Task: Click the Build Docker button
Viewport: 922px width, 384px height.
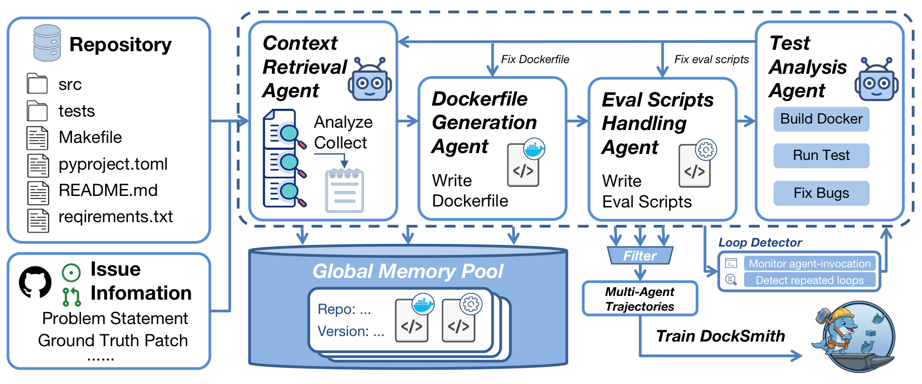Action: [821, 119]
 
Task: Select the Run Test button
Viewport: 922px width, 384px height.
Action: [821, 155]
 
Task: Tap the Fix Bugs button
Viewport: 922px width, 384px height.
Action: [821, 193]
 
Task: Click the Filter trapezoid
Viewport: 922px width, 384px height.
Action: [640, 255]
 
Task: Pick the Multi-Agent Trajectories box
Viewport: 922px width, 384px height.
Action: [640, 299]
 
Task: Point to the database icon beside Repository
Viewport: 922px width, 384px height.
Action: [47, 43]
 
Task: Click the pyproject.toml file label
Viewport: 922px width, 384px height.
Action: [113, 164]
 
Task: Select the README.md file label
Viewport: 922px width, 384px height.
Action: [108, 190]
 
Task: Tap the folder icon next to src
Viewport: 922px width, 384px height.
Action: [37, 83]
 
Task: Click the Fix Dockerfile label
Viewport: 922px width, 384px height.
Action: [535, 59]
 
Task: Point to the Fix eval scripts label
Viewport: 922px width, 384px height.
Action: [711, 59]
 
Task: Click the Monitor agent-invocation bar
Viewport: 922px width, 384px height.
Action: [810, 263]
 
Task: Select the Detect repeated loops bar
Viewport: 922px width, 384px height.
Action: [810, 280]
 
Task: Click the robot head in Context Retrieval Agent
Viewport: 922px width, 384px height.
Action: [370, 79]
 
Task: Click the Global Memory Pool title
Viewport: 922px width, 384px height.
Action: [408, 271]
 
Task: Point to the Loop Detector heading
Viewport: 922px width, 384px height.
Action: [760, 242]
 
